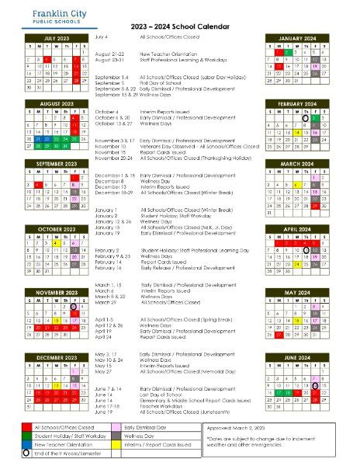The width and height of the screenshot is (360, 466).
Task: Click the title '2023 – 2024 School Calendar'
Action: [x=179, y=26]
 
